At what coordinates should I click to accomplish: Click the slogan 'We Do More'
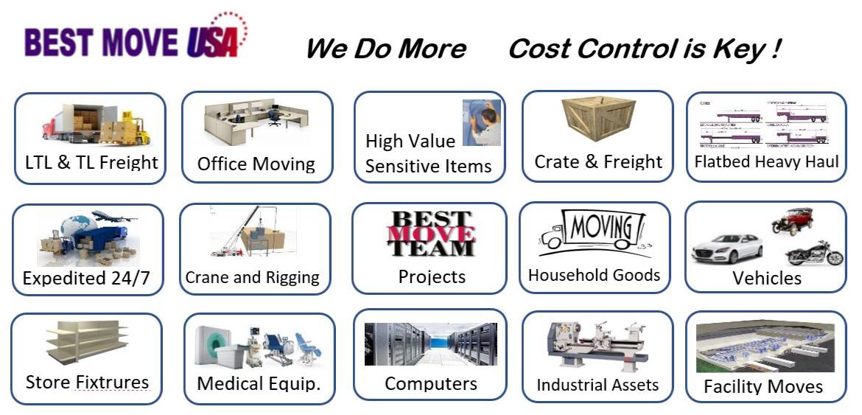click(385, 49)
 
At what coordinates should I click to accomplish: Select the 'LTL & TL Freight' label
click(91, 162)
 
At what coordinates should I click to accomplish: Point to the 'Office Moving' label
click(256, 164)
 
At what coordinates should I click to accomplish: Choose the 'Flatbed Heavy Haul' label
click(766, 161)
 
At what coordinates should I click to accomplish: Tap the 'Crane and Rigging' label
click(253, 278)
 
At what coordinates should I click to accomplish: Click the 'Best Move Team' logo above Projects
click(431, 234)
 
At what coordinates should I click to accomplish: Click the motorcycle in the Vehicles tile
click(814, 253)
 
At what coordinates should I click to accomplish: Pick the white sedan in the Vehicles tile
click(726, 248)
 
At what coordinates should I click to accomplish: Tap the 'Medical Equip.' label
click(259, 383)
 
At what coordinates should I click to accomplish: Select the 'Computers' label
click(431, 383)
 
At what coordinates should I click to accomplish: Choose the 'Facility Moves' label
click(763, 386)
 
